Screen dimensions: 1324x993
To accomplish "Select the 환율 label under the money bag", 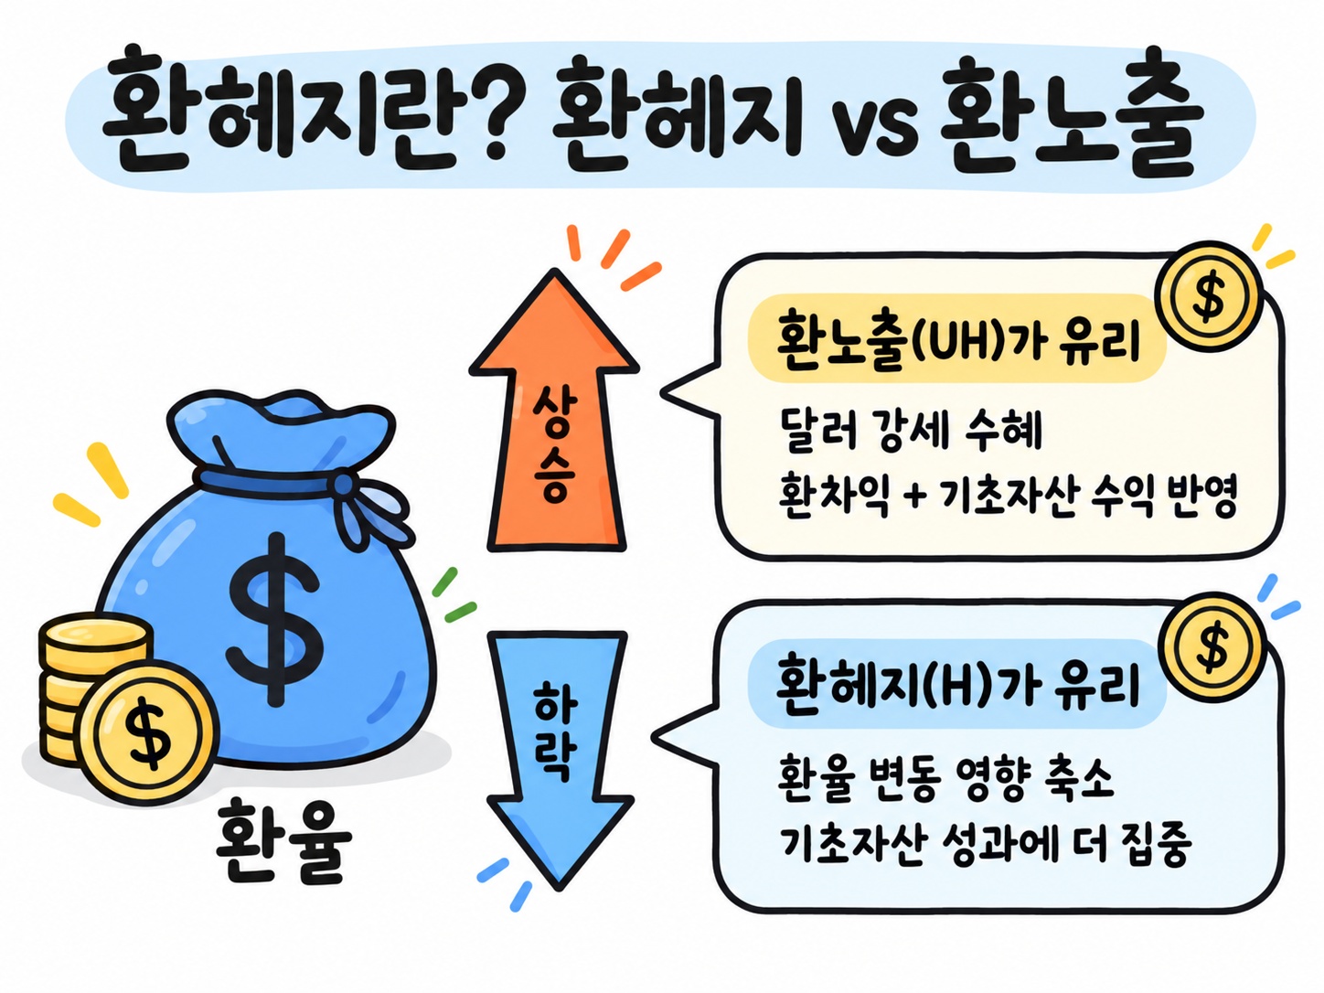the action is [283, 842].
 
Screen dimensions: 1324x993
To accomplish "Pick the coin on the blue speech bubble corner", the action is [1213, 647].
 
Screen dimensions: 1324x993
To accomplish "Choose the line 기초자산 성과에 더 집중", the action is [985, 843].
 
